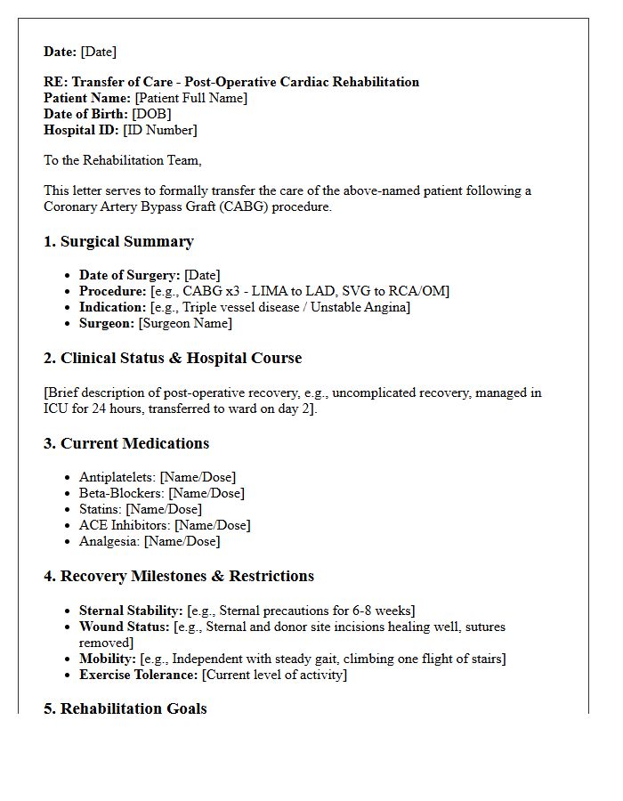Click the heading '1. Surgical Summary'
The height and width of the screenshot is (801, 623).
[118, 242]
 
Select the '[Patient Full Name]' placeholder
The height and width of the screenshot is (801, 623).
[190, 98]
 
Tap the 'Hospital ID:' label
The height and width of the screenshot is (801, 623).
[81, 130]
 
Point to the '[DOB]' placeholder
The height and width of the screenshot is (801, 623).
[151, 114]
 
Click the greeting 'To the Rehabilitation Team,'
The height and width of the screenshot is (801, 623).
[123, 160]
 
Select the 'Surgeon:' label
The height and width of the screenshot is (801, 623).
[107, 323]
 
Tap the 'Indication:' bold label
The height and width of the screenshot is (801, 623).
[112, 307]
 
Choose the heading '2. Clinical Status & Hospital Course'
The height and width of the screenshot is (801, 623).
[173, 359]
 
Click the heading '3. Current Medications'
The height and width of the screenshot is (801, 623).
[126, 444]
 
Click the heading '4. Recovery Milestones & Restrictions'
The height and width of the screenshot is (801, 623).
[179, 577]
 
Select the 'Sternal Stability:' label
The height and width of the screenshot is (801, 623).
[131, 611]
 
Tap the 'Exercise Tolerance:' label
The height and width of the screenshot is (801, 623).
[138, 675]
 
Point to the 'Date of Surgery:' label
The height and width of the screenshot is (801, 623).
[130, 275]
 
